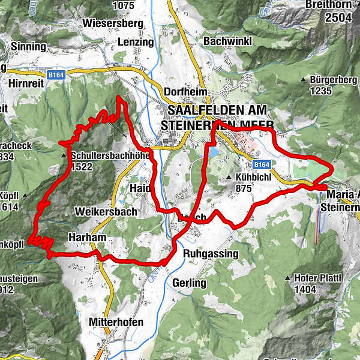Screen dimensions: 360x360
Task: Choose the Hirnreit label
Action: coord(26,84)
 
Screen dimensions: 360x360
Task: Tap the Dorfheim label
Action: coord(185,91)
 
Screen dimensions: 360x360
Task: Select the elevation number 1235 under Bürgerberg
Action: coord(321,91)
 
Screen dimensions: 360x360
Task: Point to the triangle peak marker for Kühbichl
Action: coord(229,178)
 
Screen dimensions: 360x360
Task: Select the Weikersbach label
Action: coord(106,212)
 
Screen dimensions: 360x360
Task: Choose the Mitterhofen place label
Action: coord(116,322)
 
